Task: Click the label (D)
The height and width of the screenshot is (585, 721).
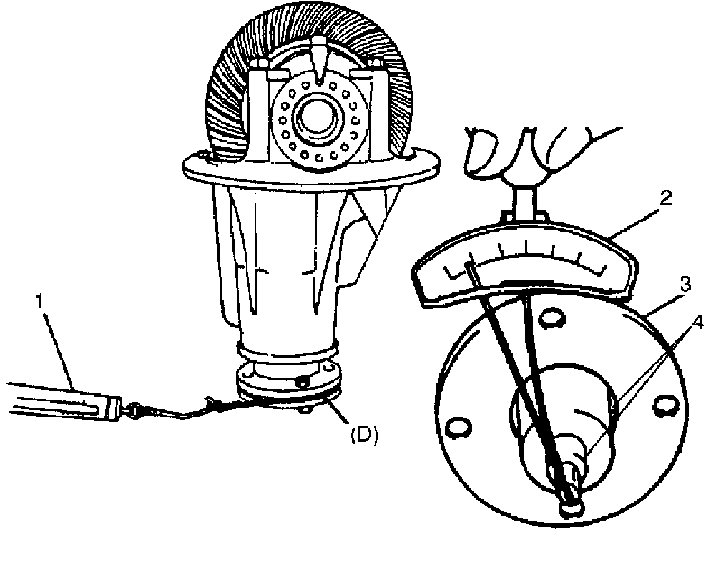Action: pyautogui.click(x=363, y=434)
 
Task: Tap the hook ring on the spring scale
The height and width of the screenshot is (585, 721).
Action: pyautogui.click(x=133, y=411)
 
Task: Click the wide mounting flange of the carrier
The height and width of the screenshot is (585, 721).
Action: pyautogui.click(x=308, y=168)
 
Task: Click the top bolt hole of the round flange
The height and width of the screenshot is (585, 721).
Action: pyautogui.click(x=551, y=315)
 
